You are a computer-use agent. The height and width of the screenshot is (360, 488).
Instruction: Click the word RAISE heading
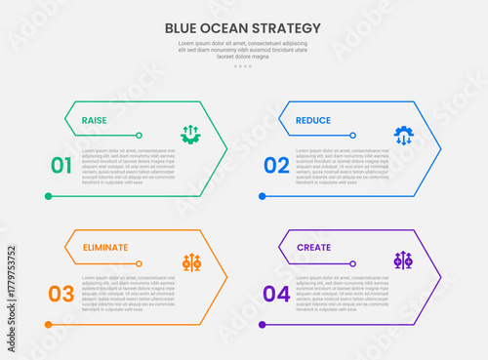coord(95,121)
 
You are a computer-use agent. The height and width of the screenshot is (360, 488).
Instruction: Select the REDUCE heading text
coord(312,121)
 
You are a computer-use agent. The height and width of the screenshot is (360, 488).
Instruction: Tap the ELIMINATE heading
coord(104,248)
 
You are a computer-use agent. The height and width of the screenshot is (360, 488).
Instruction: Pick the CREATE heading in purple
coord(313,248)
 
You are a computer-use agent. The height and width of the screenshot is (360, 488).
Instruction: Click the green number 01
coord(61,166)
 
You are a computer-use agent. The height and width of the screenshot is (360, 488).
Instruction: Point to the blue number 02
coord(276,166)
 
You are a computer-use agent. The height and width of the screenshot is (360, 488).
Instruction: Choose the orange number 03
coord(61,294)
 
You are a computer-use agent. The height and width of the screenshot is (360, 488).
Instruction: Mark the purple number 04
coord(276,294)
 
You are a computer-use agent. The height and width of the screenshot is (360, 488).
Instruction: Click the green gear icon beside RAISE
coord(190,135)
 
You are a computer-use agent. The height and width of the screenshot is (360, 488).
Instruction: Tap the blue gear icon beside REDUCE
coord(403,135)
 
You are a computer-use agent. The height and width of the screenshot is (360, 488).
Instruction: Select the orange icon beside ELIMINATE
coord(191,261)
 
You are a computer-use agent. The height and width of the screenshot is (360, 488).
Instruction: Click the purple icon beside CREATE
coord(403,260)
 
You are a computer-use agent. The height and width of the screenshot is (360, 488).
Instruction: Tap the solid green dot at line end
coord(48,196)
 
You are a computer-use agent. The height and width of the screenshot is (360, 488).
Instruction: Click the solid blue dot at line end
coord(262,196)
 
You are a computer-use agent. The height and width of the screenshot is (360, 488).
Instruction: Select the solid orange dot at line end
coord(48,324)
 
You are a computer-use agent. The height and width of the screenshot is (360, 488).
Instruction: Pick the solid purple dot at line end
coord(262,324)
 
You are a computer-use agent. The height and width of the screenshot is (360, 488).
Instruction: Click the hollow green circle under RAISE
coord(140,135)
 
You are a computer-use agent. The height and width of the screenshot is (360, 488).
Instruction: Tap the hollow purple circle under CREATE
coord(352,262)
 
